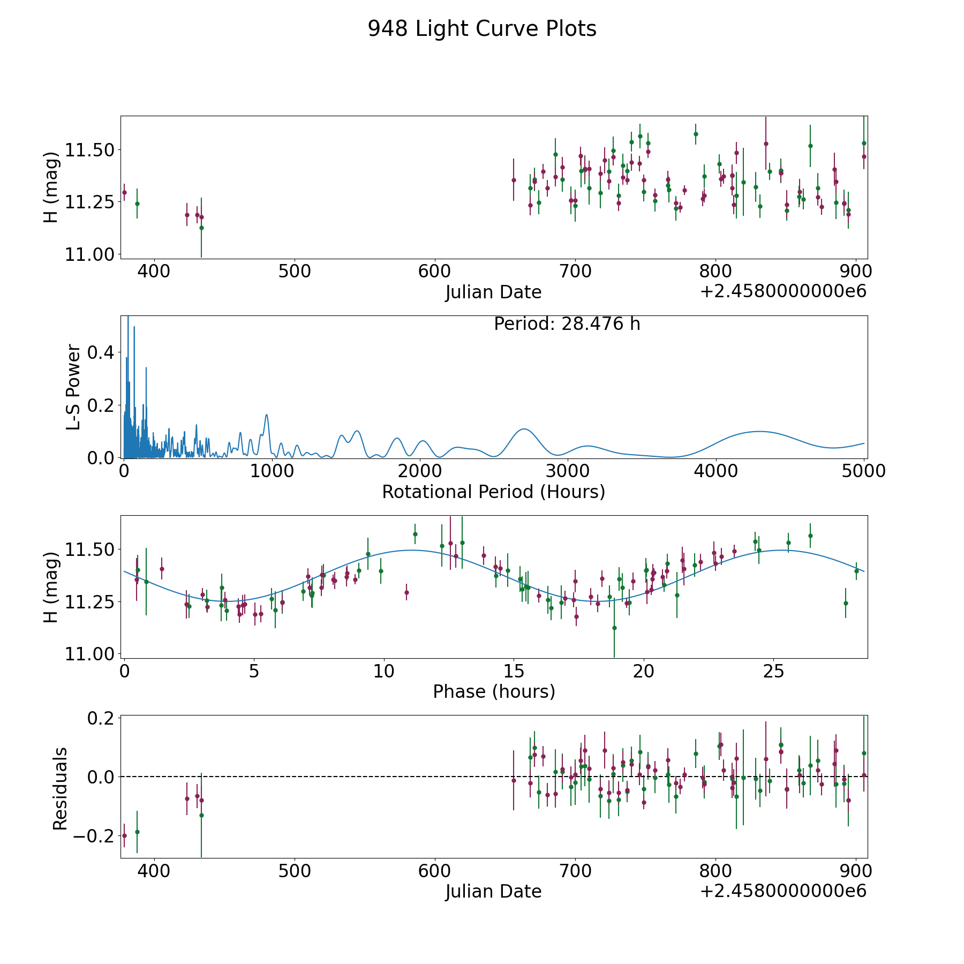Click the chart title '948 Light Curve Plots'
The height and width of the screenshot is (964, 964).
(x=482, y=29)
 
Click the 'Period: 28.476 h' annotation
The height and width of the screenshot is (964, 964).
(x=567, y=324)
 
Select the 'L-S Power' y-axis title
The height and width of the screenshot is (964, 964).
(x=74, y=387)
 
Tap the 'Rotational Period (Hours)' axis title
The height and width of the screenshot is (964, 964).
(x=494, y=492)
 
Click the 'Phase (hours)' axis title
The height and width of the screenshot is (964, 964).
(x=494, y=691)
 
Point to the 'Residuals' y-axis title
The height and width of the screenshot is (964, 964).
(x=60, y=788)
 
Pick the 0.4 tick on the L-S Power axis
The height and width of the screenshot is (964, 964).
(x=101, y=352)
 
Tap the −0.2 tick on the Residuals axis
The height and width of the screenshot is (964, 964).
(x=93, y=836)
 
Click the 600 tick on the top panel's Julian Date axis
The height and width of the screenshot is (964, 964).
(x=434, y=272)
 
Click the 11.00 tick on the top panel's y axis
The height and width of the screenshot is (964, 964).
(x=89, y=254)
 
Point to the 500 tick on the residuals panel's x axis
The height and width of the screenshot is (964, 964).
(x=295, y=871)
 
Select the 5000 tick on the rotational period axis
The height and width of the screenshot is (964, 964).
(x=864, y=471)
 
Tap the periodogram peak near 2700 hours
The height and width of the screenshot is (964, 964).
(x=524, y=429)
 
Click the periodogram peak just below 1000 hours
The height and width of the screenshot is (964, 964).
(x=266, y=415)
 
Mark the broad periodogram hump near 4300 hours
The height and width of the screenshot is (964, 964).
(x=758, y=431)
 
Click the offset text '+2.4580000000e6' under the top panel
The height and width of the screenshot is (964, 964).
(x=783, y=291)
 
